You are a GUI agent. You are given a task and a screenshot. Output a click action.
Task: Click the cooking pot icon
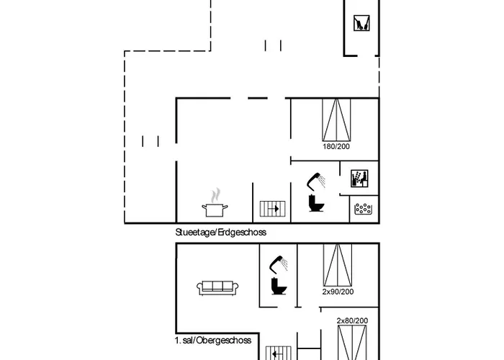coord(215,210)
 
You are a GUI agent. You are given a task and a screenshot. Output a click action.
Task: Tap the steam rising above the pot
coord(215,194)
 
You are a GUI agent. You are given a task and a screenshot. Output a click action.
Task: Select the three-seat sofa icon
coord(217,287)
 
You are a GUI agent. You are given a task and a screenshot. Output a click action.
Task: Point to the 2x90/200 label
coord(338,292)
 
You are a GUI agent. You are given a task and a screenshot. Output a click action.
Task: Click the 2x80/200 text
coord(352,320)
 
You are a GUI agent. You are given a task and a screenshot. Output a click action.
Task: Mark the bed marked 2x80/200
coord(352,343)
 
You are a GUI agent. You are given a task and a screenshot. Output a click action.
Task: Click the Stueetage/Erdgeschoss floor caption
coord(221,233)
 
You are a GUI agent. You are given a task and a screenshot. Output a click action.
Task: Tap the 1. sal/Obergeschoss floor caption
coord(211,339)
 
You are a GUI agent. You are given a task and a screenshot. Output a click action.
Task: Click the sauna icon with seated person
coord(359,179)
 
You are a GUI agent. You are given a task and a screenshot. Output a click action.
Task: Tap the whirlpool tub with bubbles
coord(363,209)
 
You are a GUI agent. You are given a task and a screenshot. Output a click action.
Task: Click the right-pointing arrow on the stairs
coord(274,209)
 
